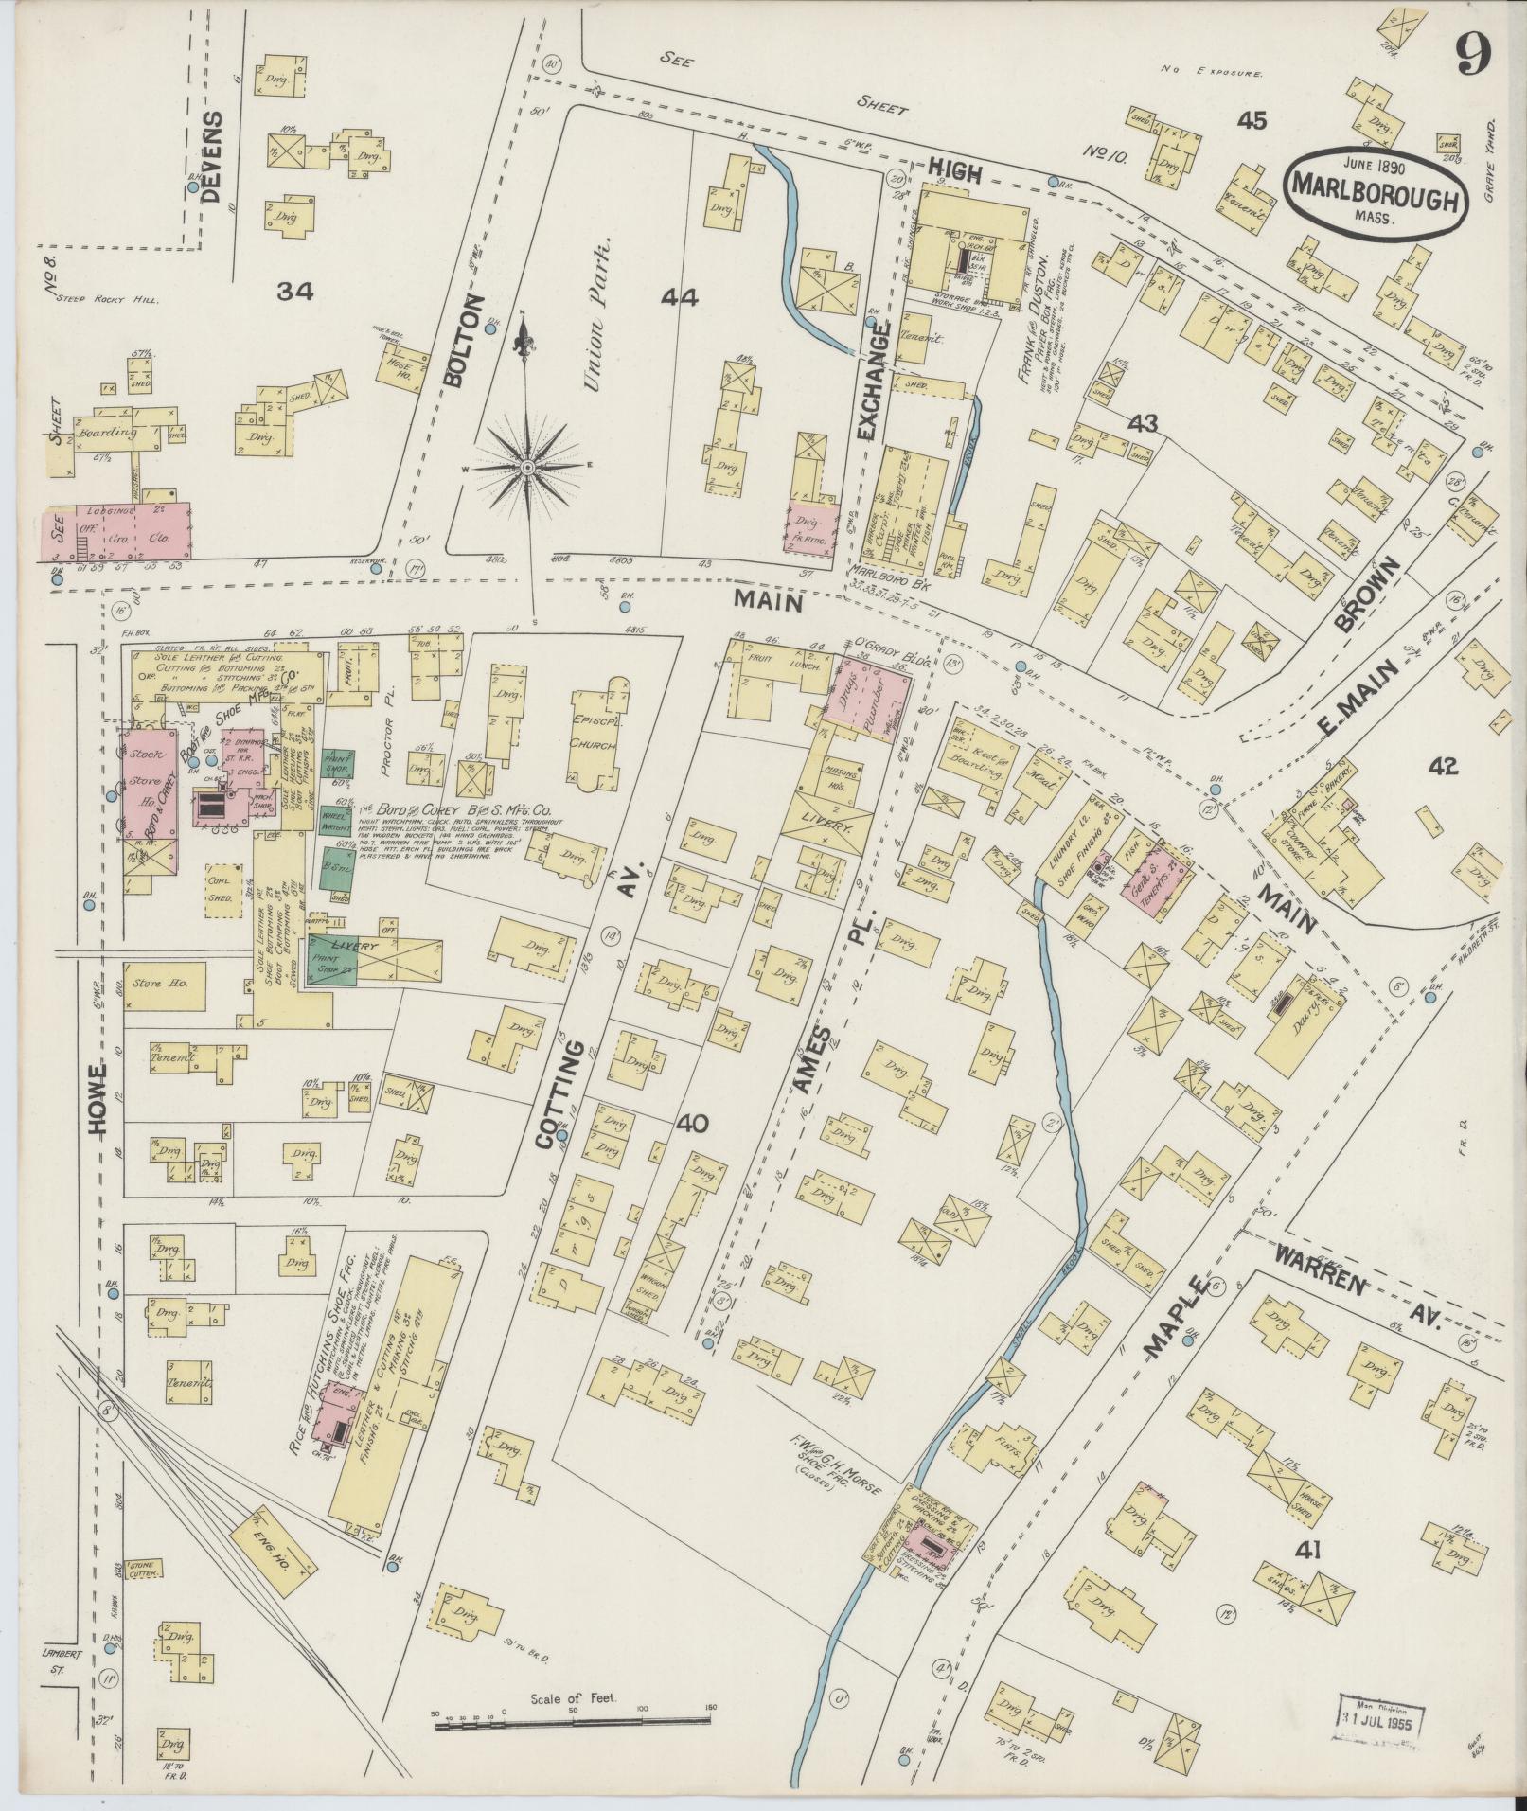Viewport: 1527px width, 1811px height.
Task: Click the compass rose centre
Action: (x=527, y=467)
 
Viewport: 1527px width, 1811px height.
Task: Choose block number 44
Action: (x=680, y=298)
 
